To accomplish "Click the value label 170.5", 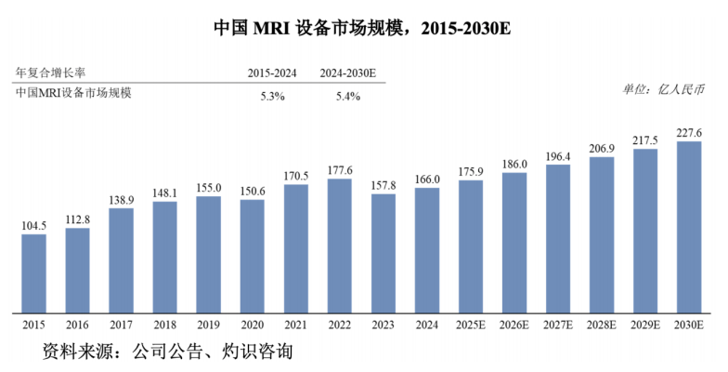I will (x=296, y=175).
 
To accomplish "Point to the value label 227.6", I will (x=689, y=131).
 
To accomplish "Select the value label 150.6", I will (x=253, y=191).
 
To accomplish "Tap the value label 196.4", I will (x=558, y=155).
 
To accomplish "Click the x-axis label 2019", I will (x=209, y=325).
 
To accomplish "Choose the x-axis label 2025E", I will (x=471, y=325).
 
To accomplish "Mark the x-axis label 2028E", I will (x=602, y=325).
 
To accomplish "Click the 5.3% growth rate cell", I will (x=272, y=98).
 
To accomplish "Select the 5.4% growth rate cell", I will (x=347, y=98).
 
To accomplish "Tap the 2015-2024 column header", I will (x=272, y=73).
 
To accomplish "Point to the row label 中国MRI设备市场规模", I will (x=74, y=93).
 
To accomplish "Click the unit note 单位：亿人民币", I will (x=664, y=89).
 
